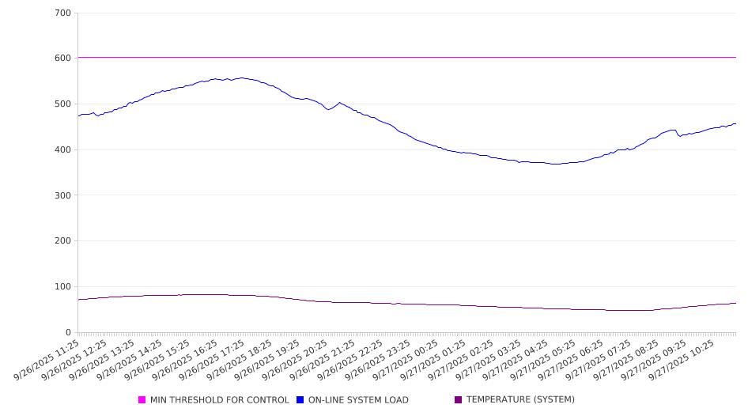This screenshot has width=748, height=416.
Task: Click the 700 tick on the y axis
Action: coord(63,13)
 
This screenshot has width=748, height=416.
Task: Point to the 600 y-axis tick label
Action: coord(63,59)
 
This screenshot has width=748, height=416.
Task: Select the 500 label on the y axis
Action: coord(63,104)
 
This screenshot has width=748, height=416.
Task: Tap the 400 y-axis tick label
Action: coord(63,150)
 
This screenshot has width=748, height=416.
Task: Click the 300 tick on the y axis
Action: coord(63,195)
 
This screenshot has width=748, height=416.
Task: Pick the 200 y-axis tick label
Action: coord(63,241)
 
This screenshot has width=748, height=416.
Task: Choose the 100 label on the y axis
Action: coord(63,287)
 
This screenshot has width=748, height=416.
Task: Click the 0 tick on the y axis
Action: coord(68,333)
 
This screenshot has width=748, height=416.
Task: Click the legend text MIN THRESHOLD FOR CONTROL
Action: coord(219,400)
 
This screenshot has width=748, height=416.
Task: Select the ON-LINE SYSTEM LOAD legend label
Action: coord(358,400)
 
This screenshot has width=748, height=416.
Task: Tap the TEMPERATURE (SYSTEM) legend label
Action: coord(520,400)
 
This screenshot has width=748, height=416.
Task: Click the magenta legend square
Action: coord(142,400)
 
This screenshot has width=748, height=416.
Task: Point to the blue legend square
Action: coord(300,400)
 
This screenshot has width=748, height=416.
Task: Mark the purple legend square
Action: coord(459,400)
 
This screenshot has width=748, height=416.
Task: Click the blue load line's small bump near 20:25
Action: coord(340,103)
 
